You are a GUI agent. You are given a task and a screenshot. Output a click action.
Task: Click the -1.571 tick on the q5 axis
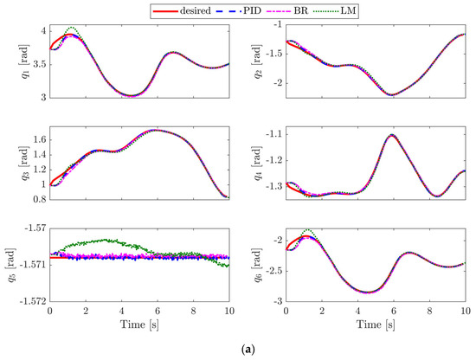click(32, 258)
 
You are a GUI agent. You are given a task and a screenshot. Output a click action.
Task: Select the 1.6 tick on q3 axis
click(38, 138)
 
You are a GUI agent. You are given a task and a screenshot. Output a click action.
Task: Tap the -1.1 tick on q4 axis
click(280, 134)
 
